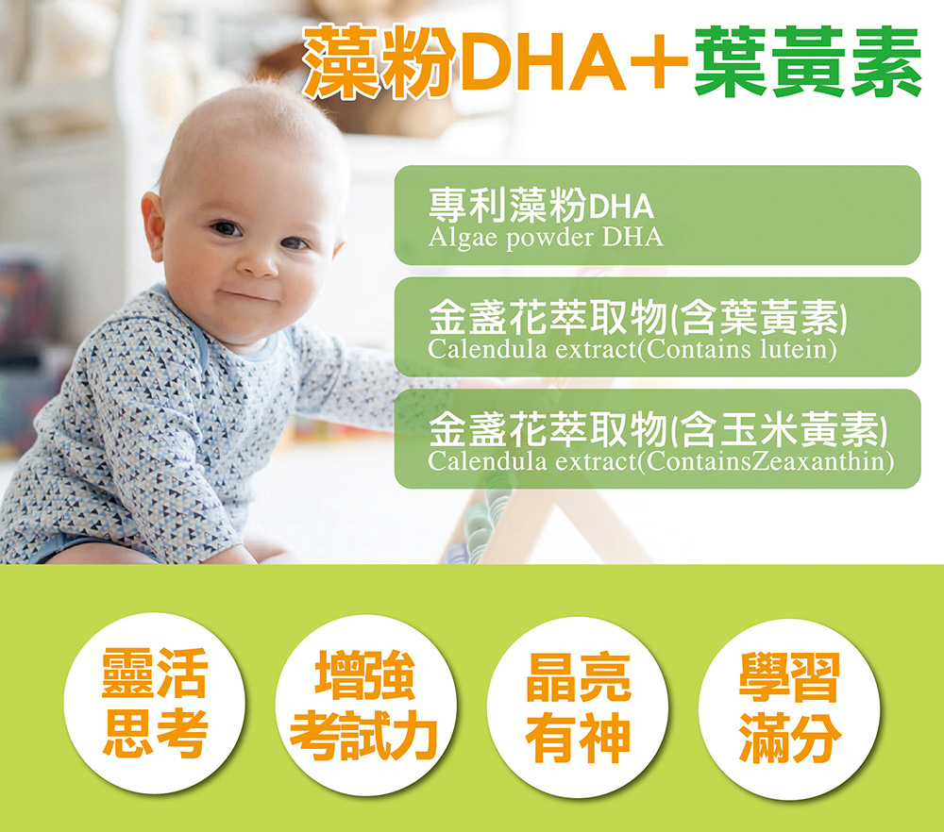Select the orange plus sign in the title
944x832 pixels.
[659, 60]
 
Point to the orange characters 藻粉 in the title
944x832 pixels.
[379, 61]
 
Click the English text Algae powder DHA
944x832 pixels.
[546, 237]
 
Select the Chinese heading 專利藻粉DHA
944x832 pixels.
[541, 205]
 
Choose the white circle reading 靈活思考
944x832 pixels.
[155, 703]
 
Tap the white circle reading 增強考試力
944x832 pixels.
[366, 705]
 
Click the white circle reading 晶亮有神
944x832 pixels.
[578, 707]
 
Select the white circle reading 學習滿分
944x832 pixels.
[789, 708]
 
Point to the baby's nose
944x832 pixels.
[258, 261]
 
